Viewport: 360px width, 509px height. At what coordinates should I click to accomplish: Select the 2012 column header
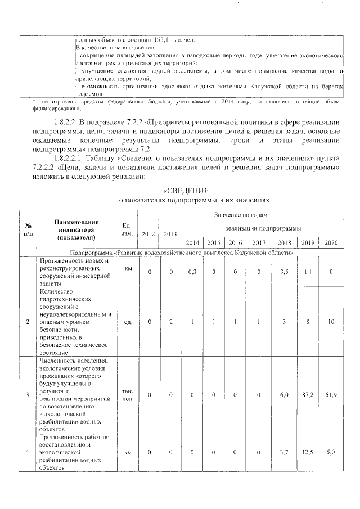(x=149, y=234)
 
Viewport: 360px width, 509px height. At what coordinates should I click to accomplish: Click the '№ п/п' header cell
(x=27, y=229)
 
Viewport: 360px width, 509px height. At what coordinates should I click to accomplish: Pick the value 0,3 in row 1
(x=192, y=272)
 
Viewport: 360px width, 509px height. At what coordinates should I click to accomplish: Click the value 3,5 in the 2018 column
(x=284, y=272)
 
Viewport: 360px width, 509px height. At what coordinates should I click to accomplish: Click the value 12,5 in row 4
(x=307, y=452)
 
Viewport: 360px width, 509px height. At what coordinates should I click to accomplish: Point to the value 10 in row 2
(x=331, y=322)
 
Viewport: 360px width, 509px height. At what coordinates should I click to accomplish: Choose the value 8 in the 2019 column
(x=307, y=322)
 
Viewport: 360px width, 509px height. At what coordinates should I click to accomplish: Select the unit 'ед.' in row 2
(x=127, y=322)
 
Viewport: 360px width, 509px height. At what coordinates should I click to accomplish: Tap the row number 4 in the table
(x=27, y=452)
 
